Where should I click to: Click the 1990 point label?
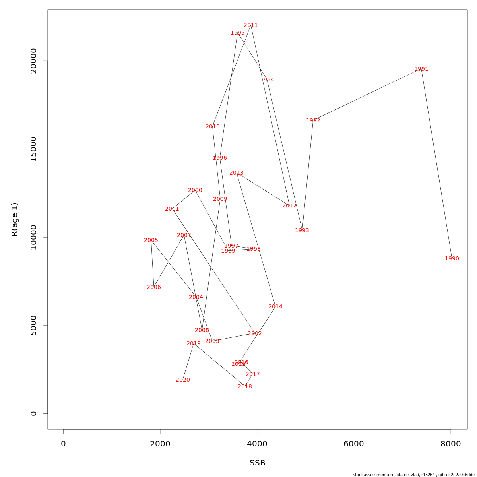(452, 259)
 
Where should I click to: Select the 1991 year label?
(421, 69)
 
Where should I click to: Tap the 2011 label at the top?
(251, 25)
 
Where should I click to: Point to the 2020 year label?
(183, 380)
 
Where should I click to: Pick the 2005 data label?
(151, 240)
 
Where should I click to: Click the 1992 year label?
(313, 121)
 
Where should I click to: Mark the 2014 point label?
(275, 307)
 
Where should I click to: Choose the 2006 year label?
(154, 287)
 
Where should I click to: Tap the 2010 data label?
(213, 127)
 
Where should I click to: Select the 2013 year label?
(237, 173)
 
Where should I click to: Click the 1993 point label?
(302, 231)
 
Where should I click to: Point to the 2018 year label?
(245, 387)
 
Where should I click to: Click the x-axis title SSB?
(257, 463)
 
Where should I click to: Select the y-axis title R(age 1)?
(15, 219)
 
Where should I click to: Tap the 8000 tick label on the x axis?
(451, 444)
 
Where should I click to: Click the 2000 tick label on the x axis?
(160, 444)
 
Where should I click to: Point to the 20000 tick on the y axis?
(34, 61)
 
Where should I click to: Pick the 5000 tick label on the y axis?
(34, 326)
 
